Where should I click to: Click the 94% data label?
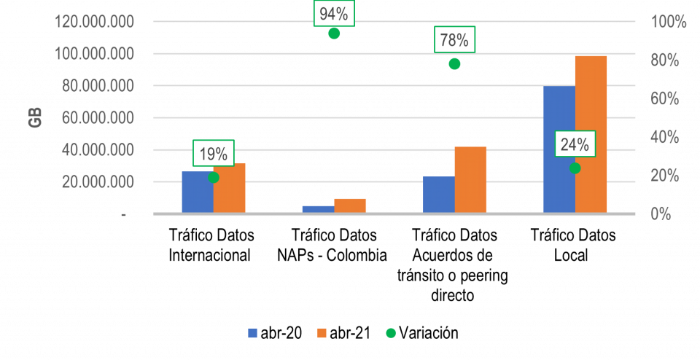pos(334,14)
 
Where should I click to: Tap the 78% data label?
pos(455,39)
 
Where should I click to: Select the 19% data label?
pos(214,154)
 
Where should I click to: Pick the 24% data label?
pos(575,144)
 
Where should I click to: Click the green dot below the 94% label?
pos(334,33)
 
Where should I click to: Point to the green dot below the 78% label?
pos(454,63)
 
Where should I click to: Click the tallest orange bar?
pos(591,134)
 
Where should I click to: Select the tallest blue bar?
pos(559,149)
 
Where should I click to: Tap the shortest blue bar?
pos(318,209)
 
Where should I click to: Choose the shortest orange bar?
pos(350,206)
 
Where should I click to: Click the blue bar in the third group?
pos(438,195)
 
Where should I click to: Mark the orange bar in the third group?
pos(470,180)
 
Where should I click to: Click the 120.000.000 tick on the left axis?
pos(94,22)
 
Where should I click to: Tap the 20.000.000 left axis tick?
pos(98,182)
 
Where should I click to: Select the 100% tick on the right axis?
pos(669,22)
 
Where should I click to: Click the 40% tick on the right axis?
pos(665,137)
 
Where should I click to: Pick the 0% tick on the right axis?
pos(661,214)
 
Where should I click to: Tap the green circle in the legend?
pos(391,333)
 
